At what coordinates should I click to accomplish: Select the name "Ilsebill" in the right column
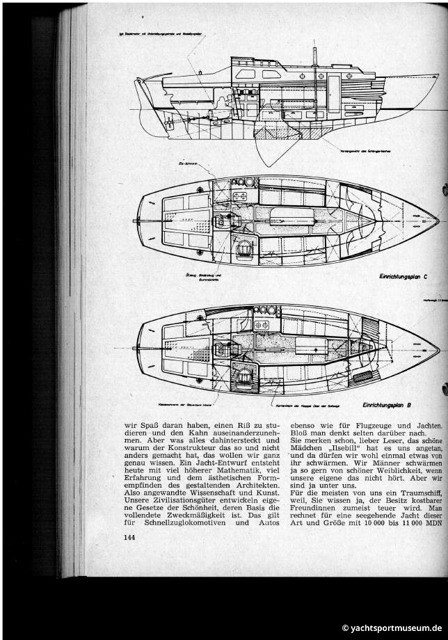359,451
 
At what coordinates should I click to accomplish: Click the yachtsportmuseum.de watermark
392,627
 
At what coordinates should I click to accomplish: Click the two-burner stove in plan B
264,325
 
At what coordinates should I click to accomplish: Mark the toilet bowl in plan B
244,376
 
